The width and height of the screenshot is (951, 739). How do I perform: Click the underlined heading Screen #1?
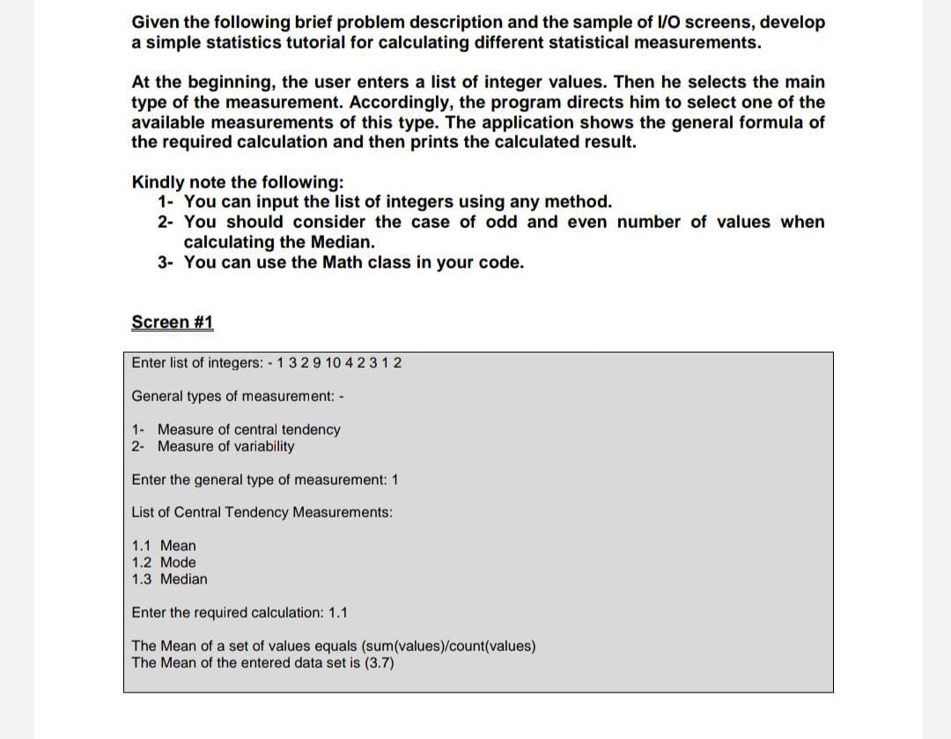pos(173,322)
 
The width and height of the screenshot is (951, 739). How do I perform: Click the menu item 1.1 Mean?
pos(164,545)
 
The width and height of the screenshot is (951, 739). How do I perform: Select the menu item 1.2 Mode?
pos(164,562)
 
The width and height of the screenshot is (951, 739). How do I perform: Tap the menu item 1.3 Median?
pos(170,579)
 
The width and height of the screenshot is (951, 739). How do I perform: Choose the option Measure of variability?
pos(225,446)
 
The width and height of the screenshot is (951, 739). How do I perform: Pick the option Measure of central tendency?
pos(248,429)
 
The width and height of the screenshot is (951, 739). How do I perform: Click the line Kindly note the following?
pos(238,182)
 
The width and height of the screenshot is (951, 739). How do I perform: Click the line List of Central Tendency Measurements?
pos(262,512)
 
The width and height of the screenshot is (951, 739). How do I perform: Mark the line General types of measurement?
pos(237,396)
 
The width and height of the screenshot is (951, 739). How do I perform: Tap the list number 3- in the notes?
pos(167,262)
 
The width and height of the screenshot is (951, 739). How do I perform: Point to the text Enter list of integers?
pos(199,362)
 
